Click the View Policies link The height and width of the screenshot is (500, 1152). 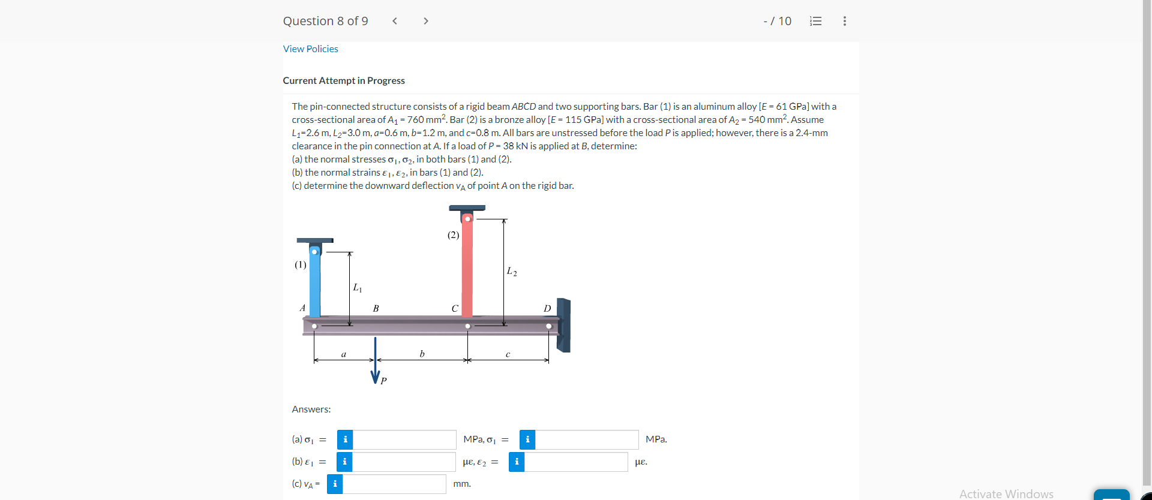point(310,49)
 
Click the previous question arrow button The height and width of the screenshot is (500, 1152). point(395,21)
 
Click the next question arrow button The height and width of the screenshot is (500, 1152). point(425,21)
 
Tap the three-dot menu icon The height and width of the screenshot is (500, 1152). point(844,21)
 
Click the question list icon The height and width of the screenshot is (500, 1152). point(815,21)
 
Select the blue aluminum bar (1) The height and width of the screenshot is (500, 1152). point(314,282)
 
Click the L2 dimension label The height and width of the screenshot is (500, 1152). point(511,272)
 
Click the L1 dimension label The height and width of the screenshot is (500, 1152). point(357,288)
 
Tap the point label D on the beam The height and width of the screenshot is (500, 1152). point(547,308)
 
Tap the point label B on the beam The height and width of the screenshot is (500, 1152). point(376,308)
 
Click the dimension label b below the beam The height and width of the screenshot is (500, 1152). point(422,354)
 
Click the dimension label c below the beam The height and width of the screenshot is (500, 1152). point(508,354)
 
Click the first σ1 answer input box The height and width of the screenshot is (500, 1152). point(404,439)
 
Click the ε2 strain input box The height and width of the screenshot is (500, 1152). point(575,462)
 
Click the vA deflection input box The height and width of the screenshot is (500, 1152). point(394,484)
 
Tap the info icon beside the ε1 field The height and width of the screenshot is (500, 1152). point(344,462)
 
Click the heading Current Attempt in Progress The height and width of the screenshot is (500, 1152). point(344,80)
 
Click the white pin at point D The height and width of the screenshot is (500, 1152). point(548,326)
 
